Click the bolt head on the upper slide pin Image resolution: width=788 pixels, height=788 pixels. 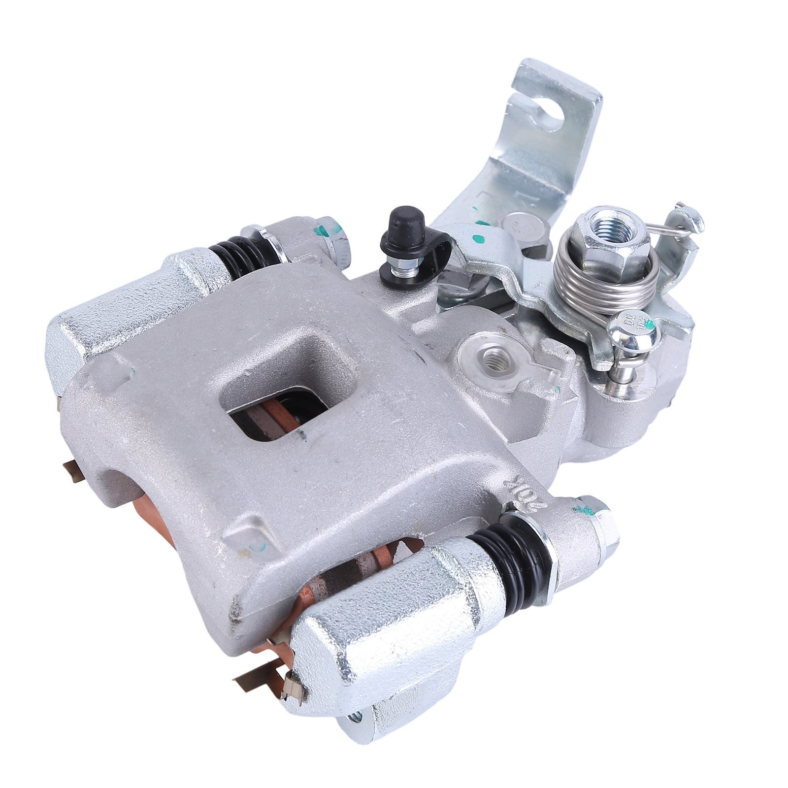[335, 241]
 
